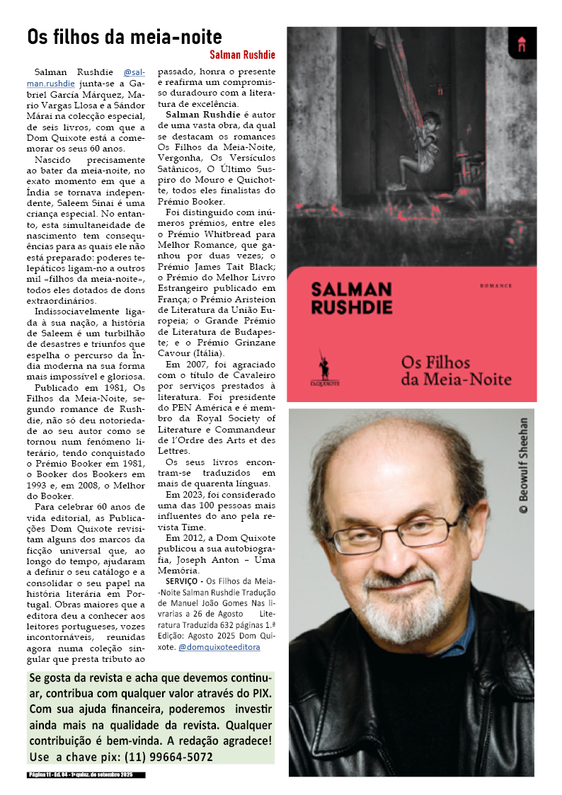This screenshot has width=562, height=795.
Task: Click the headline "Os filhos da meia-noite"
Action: [125, 37]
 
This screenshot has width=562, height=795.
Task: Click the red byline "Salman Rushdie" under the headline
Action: [242, 55]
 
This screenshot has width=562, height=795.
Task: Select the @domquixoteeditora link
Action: [219, 646]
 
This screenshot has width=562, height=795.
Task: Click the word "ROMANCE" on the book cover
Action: [495, 286]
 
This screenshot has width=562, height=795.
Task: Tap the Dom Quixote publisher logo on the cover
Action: [325, 368]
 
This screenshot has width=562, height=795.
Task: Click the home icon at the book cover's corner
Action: [522, 44]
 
